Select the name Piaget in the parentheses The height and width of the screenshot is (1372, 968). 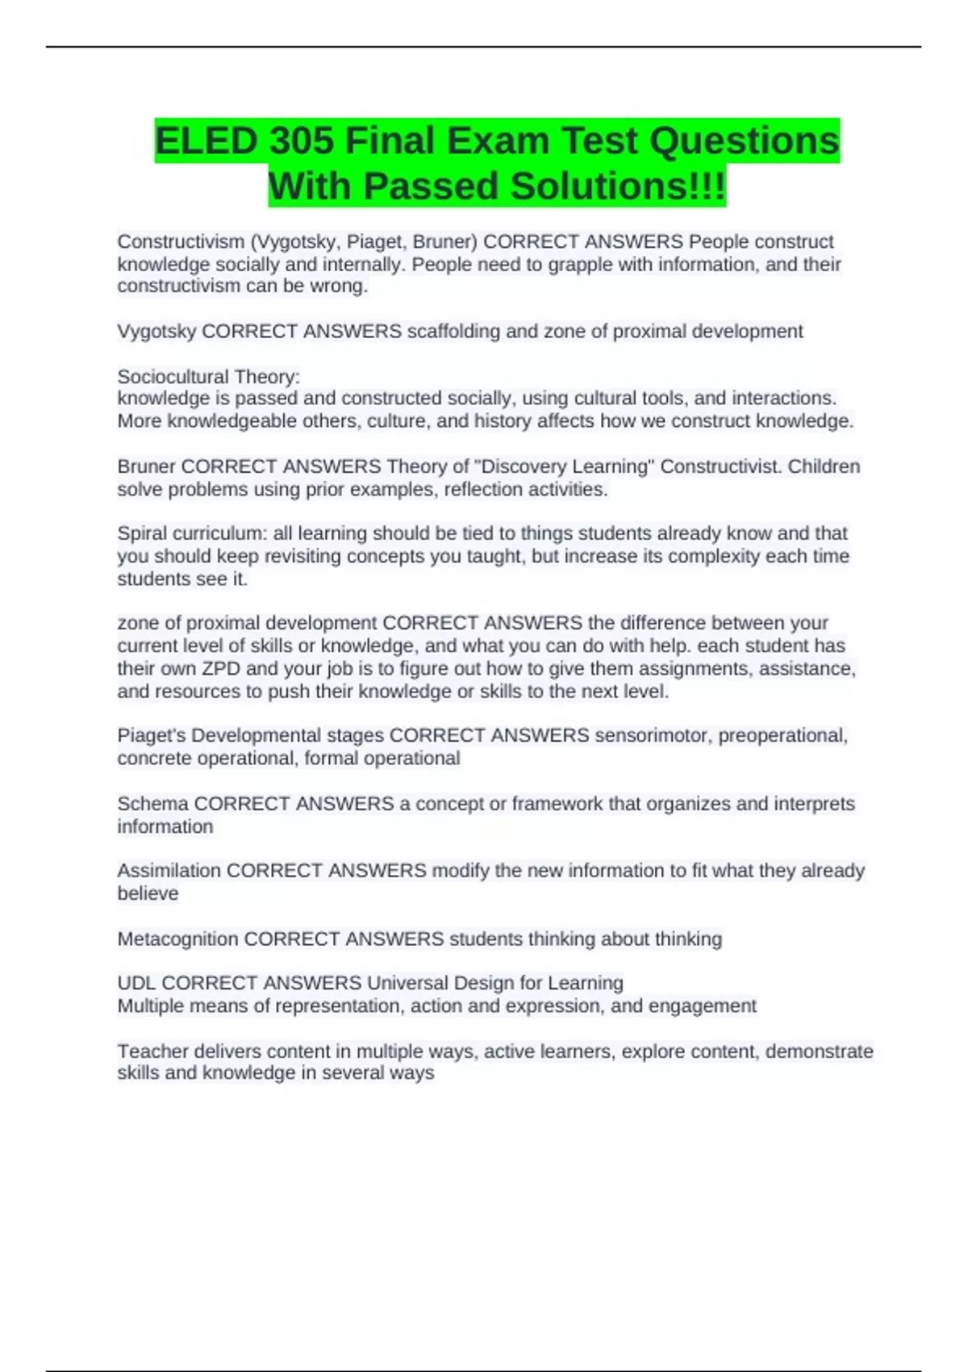376,241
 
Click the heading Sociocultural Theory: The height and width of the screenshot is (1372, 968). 208,376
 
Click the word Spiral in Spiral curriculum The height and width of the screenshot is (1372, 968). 140,533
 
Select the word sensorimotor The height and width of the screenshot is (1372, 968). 653,735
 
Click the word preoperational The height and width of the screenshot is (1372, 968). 782,735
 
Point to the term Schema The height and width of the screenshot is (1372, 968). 153,804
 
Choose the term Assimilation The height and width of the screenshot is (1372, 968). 169,871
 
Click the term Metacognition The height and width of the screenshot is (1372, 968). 178,939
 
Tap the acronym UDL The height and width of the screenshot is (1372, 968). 136,983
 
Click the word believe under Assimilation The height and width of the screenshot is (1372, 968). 148,893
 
